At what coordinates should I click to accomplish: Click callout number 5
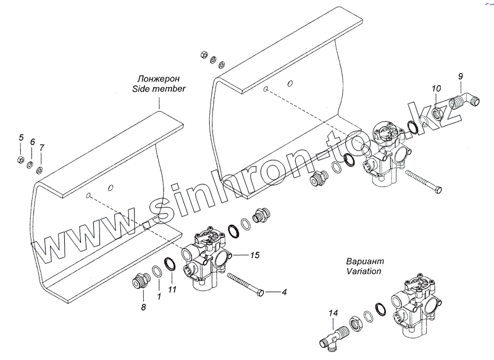click(x=20, y=137)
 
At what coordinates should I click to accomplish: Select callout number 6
click(x=32, y=143)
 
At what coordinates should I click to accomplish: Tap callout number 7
click(x=41, y=148)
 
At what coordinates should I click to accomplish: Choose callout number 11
click(x=172, y=290)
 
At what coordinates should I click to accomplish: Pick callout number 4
click(x=284, y=291)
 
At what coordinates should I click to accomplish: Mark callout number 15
click(x=256, y=254)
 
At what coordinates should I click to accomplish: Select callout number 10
click(x=436, y=89)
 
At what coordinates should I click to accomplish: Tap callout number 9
click(x=460, y=76)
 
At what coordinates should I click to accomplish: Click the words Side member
click(x=159, y=89)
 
